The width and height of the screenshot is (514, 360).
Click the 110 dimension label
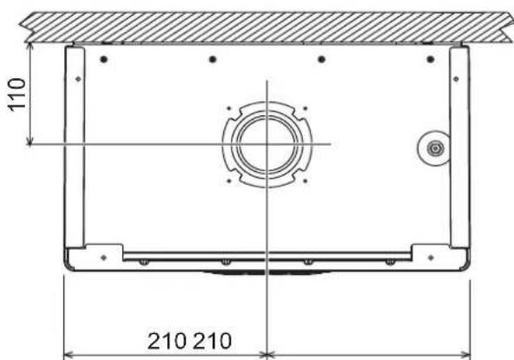[x=16, y=95]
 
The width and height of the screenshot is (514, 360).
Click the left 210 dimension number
[x=167, y=341]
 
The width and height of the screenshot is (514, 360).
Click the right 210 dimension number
[x=212, y=341]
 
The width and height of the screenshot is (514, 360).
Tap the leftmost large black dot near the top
[x=104, y=59]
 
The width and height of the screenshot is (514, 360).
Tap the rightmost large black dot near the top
[x=431, y=59]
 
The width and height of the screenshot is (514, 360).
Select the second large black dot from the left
[x=213, y=59]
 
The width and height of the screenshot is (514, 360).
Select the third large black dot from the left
[x=321, y=59]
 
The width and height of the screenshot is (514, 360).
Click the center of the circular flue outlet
[x=267, y=145]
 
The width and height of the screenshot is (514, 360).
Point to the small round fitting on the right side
[x=435, y=148]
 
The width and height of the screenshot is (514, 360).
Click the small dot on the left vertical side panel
[x=78, y=79]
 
